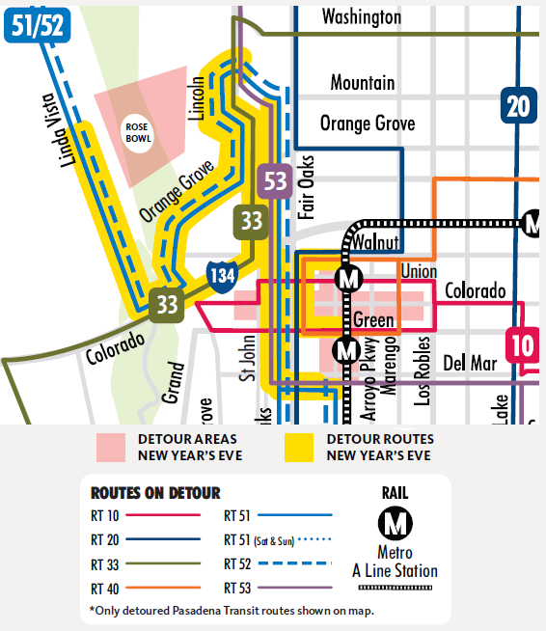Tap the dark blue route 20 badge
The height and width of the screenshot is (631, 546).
click(x=518, y=105)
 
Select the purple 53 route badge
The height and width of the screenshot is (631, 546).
click(x=276, y=180)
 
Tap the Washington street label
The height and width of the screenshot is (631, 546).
click(x=362, y=16)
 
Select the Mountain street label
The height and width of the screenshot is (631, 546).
click(x=362, y=83)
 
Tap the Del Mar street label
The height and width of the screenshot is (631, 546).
click(x=471, y=363)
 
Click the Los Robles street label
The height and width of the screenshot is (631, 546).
click(x=422, y=370)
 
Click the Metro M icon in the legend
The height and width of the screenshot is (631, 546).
click(x=395, y=525)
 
